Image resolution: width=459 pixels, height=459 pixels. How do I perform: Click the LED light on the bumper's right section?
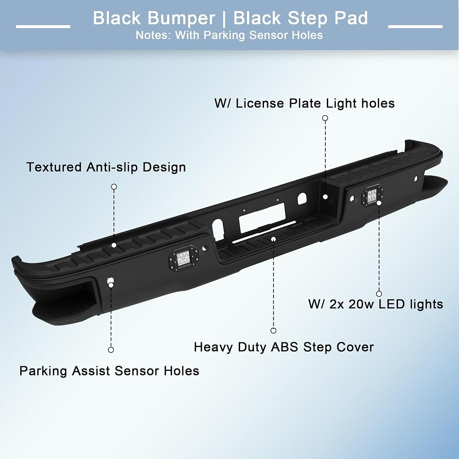point(372,195)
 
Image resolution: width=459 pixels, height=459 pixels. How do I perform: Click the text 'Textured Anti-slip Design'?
point(106,167)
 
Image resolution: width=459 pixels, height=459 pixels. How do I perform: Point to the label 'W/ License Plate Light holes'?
point(304,103)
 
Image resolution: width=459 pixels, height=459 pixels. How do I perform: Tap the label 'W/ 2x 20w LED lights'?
point(375,304)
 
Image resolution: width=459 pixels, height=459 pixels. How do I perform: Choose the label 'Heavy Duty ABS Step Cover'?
point(284,347)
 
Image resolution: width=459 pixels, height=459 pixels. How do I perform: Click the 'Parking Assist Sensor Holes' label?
point(109,371)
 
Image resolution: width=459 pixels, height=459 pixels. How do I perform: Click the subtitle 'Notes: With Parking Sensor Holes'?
point(229,35)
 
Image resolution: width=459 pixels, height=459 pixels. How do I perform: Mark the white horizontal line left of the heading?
point(43,26)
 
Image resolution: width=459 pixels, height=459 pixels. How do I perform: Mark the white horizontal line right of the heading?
point(415,26)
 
